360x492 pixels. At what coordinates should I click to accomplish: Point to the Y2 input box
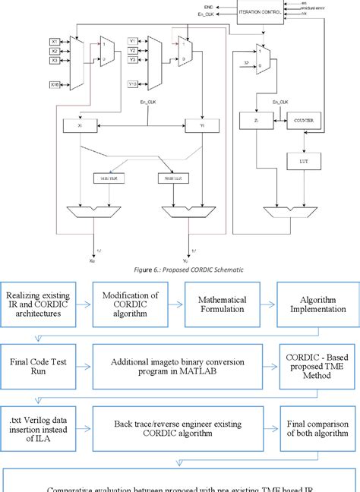(132, 50)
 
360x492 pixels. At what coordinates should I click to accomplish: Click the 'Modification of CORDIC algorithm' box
(125, 304)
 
